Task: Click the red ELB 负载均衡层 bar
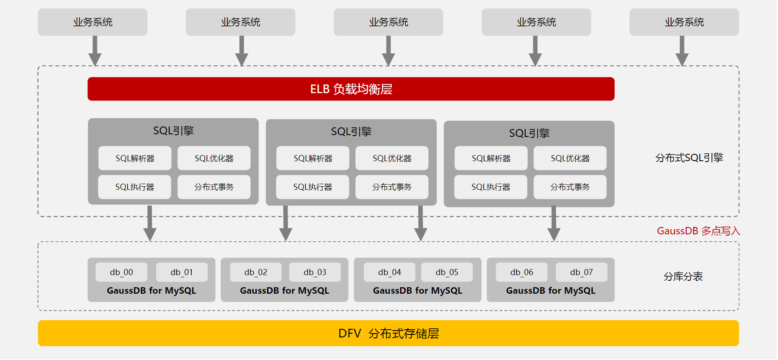coord(351,89)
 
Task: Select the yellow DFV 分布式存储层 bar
coord(388,333)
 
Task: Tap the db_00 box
coord(121,272)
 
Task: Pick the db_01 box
coord(182,272)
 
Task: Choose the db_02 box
coord(256,272)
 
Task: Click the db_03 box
coord(315,272)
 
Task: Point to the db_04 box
coord(390,272)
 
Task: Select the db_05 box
coord(447,272)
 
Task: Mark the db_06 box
coord(522,272)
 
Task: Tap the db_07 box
coord(581,272)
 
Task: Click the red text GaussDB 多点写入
coord(698,231)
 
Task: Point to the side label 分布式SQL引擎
coord(689,158)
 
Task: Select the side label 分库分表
coord(683,276)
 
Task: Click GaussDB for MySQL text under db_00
coord(152,291)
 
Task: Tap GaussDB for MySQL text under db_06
coord(551,291)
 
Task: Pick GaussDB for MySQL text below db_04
coord(418,291)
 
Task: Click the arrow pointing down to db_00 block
coord(150,223)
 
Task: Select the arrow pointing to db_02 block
coord(286,223)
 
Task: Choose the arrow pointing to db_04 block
coord(421,223)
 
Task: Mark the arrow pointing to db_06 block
coord(554,224)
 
